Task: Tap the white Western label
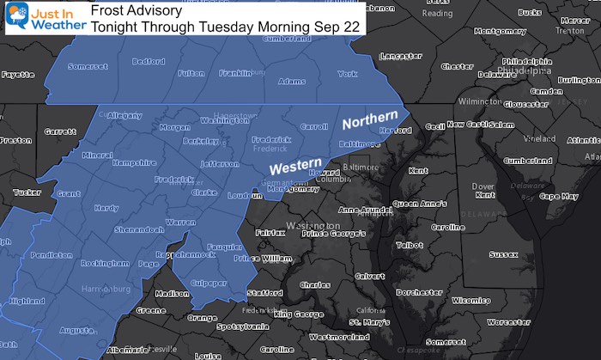(x=294, y=163)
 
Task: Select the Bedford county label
(x=150, y=61)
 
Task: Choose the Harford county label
(x=390, y=130)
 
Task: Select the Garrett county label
(x=59, y=132)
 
